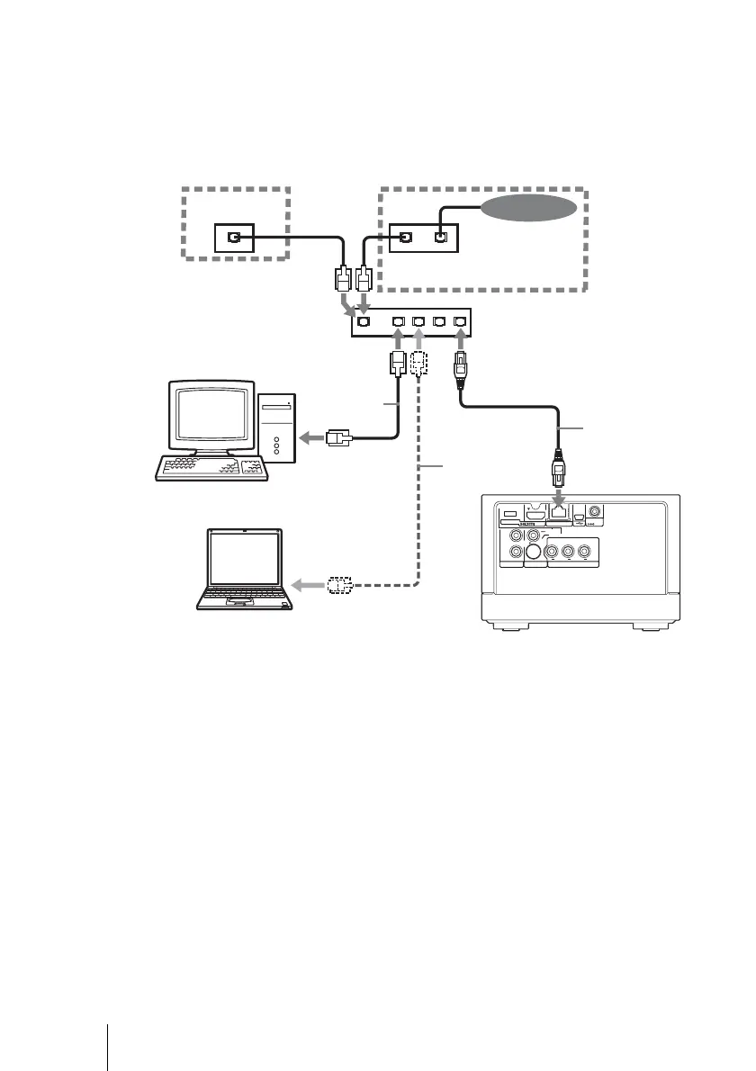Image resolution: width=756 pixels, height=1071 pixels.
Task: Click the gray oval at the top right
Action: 528,209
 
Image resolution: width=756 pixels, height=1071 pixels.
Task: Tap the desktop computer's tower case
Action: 277,431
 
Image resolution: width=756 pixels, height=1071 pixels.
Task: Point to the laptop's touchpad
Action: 239,600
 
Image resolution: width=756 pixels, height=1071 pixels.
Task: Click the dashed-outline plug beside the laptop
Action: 338,585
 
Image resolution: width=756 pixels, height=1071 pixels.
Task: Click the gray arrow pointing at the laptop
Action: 310,585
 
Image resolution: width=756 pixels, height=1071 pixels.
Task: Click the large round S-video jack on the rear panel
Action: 535,553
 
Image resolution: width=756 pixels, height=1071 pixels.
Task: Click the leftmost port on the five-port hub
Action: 364,321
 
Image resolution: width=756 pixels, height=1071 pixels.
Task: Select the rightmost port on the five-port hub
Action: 461,321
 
